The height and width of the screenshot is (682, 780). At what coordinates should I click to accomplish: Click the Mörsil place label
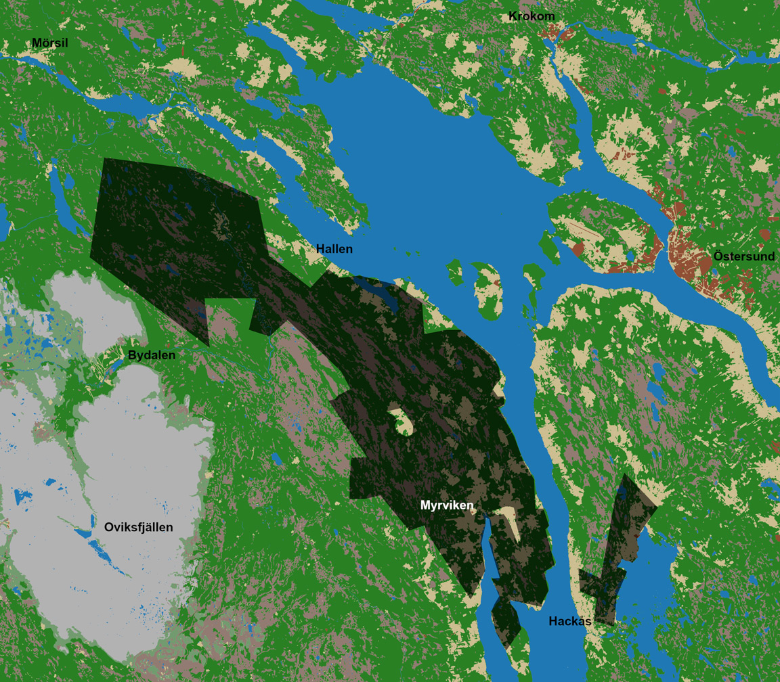pyautogui.click(x=50, y=43)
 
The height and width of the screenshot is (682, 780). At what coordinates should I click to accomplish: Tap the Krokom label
pyautogui.click(x=532, y=16)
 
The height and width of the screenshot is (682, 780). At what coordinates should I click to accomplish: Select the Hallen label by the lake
pyautogui.click(x=334, y=249)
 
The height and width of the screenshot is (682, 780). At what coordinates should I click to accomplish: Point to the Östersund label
pyautogui.click(x=744, y=256)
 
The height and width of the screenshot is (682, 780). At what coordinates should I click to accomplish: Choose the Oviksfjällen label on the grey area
pyautogui.click(x=138, y=527)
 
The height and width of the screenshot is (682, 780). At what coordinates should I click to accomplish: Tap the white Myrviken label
pyautogui.click(x=447, y=505)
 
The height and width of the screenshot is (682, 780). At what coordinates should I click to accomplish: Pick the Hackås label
pyautogui.click(x=570, y=621)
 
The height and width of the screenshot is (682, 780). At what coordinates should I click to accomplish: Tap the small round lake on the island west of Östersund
pyautogui.click(x=630, y=256)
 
